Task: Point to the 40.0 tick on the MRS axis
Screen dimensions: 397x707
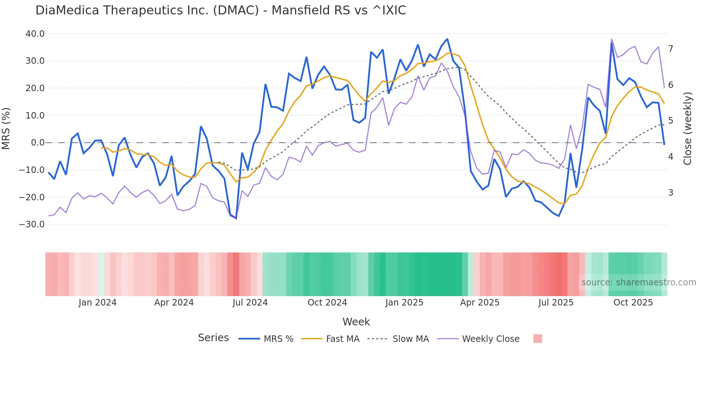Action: pos(35,34)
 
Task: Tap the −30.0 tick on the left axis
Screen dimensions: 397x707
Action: pos(32,224)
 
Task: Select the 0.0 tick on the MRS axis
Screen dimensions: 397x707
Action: pos(38,143)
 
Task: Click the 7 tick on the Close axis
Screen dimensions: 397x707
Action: pos(671,49)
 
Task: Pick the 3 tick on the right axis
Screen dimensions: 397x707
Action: pos(671,193)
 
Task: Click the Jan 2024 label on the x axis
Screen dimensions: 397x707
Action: pos(97,303)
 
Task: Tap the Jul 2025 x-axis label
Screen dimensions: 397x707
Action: pos(556,303)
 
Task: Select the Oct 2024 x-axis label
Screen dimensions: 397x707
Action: pos(327,303)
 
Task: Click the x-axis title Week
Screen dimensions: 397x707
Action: pos(356,322)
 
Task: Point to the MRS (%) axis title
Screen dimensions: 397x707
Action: pos(6,128)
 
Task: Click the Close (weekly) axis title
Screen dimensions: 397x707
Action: pos(688,128)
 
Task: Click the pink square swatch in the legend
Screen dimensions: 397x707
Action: pos(537,339)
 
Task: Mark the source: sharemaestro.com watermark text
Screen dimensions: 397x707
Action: pos(638,282)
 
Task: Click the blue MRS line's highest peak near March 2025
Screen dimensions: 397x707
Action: pos(447,39)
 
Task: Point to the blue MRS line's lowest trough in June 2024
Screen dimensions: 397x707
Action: pos(236,218)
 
